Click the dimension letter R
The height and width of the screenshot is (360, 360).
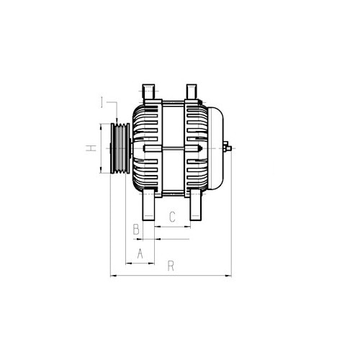(171, 266)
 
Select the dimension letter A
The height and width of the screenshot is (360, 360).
(140, 253)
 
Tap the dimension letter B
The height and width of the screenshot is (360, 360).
(136, 229)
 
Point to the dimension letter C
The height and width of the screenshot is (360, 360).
(172, 217)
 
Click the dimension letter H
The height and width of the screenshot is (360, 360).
(91, 148)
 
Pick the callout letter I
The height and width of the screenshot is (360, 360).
(102, 102)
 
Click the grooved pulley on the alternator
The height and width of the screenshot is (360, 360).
(120, 148)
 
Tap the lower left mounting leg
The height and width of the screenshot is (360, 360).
(148, 204)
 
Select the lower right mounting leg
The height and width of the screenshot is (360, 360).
(195, 204)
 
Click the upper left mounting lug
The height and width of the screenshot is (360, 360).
(149, 91)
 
